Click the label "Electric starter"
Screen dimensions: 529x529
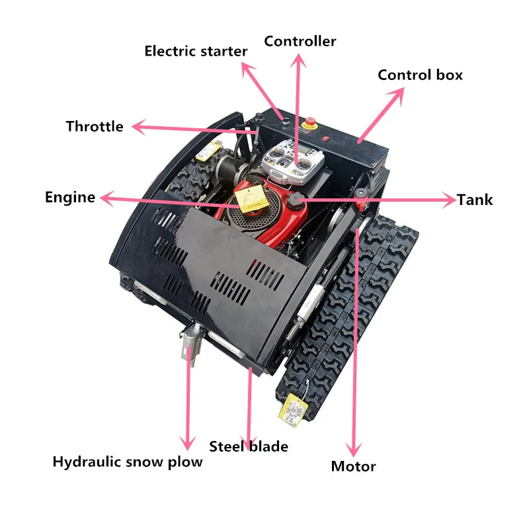[x=196, y=51]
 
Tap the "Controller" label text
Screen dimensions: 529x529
[x=300, y=41]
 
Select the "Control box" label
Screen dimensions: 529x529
[x=420, y=75]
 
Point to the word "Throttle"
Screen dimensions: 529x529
[x=95, y=126]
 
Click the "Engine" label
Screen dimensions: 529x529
[x=70, y=197]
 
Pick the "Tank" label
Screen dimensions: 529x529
[x=475, y=200]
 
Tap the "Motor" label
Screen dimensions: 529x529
[x=353, y=466]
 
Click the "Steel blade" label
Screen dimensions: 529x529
[x=249, y=446]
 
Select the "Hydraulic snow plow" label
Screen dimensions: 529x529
[x=128, y=462]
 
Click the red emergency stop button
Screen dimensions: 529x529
[x=308, y=124]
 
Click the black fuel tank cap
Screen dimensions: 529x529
[x=294, y=201]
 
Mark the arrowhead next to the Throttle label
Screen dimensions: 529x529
[x=136, y=127]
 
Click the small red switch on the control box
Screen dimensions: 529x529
[x=325, y=138]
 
